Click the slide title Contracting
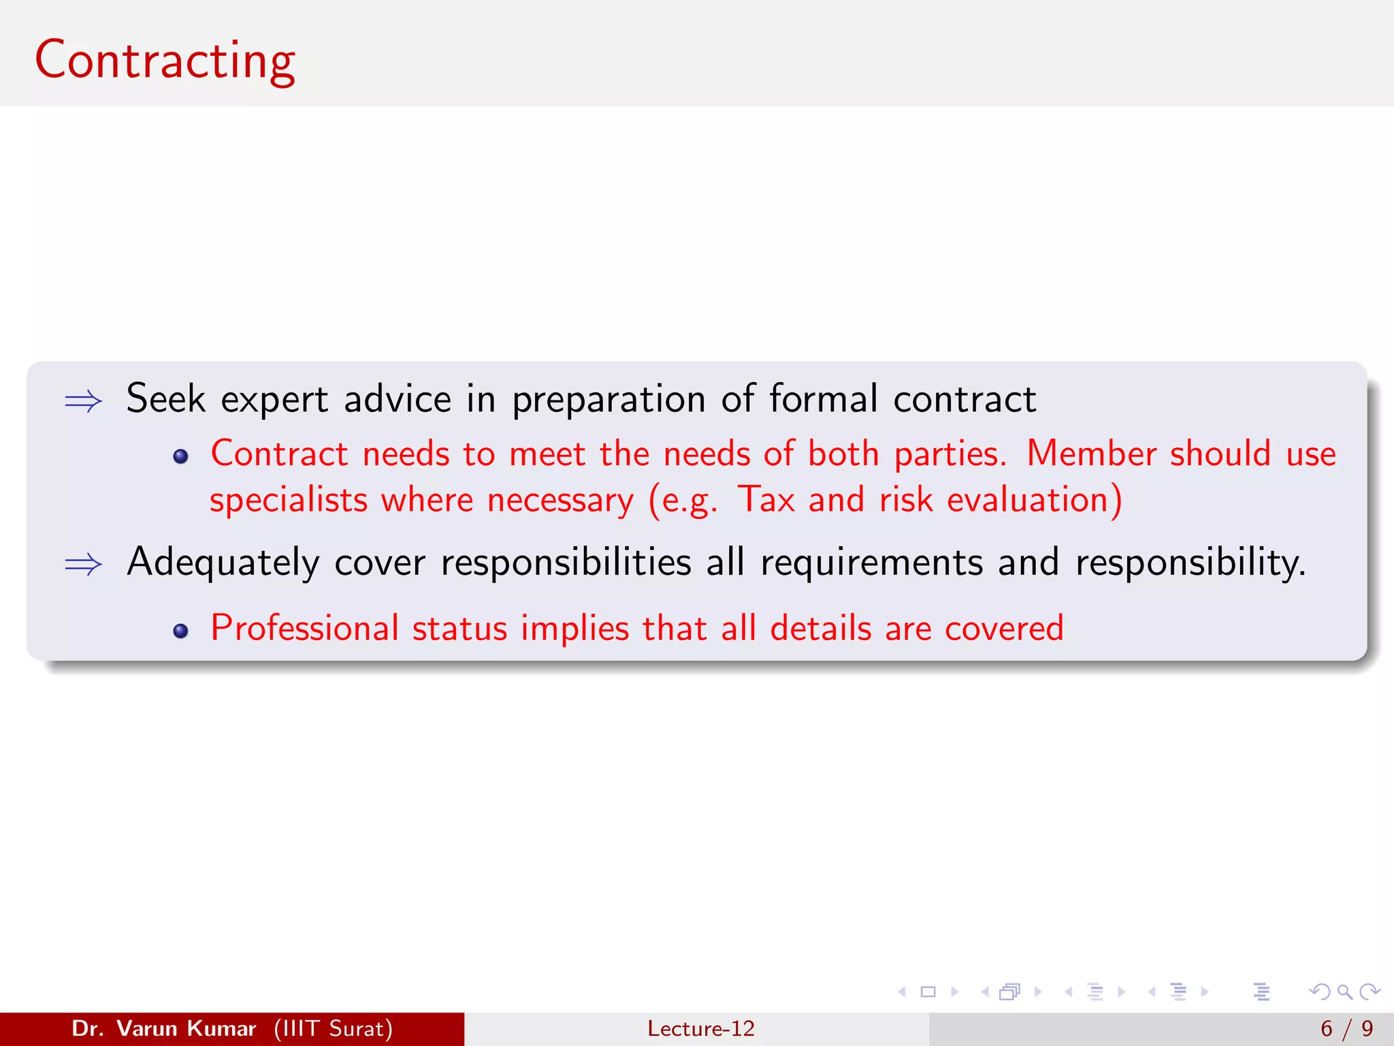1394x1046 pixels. click(x=165, y=61)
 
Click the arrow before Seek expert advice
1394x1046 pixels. click(x=83, y=401)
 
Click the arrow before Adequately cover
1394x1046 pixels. click(x=83, y=565)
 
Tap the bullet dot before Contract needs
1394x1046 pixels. click(x=180, y=457)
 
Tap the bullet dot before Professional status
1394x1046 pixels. click(x=180, y=631)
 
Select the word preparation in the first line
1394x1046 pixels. click(x=609, y=400)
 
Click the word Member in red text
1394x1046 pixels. click(x=1091, y=454)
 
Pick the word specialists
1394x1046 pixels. click(x=289, y=501)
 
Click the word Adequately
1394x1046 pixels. click(x=223, y=563)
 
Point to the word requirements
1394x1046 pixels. click(x=871, y=563)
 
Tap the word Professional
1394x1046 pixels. click(x=304, y=628)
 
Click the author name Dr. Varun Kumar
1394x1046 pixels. click(x=164, y=1028)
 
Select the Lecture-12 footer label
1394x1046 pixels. click(x=700, y=1028)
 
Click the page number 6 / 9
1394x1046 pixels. click(x=1346, y=1028)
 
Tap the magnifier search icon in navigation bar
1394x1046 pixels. click(x=1344, y=992)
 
